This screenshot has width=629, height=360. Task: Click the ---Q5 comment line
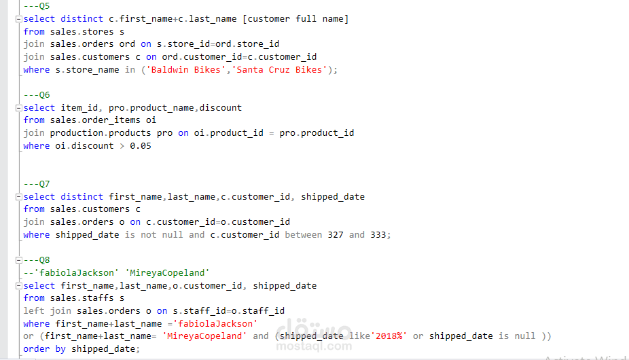pyautogui.click(x=37, y=6)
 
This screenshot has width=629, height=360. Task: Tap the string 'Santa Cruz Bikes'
pyautogui.click(x=279, y=70)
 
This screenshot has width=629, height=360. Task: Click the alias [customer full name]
pyautogui.click(x=295, y=19)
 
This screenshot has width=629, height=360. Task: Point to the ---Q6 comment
pyautogui.click(x=37, y=95)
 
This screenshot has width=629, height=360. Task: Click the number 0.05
pyautogui.click(x=141, y=146)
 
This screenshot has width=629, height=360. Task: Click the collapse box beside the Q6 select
pyautogui.click(x=18, y=108)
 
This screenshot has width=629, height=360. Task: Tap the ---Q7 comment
pyautogui.click(x=37, y=184)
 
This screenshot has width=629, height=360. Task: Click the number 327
pyautogui.click(x=336, y=235)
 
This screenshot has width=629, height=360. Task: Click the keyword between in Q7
pyautogui.click(x=303, y=235)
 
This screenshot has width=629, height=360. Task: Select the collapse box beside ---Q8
pyautogui.click(x=18, y=260)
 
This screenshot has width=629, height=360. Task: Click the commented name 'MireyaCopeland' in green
pyautogui.click(x=167, y=273)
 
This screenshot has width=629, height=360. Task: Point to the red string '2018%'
pyautogui.click(x=389, y=336)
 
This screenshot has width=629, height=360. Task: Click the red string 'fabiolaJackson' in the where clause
pyautogui.click(x=215, y=324)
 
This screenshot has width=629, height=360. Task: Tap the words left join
pyautogui.click(x=48, y=311)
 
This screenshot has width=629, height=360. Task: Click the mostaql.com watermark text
pyautogui.click(x=314, y=346)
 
